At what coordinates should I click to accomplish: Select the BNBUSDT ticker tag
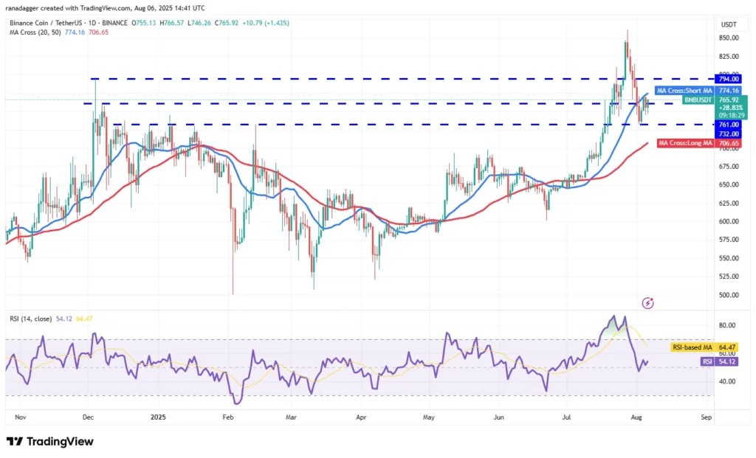(698, 100)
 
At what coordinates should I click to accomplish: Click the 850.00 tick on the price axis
(729, 38)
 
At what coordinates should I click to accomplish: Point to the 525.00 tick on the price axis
(729, 277)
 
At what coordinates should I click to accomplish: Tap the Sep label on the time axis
(706, 417)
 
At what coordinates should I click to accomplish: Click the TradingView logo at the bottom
(50, 441)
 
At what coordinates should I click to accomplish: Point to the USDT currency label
(729, 24)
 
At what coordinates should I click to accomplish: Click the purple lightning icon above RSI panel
(647, 302)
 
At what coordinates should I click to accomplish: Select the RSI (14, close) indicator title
(31, 319)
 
